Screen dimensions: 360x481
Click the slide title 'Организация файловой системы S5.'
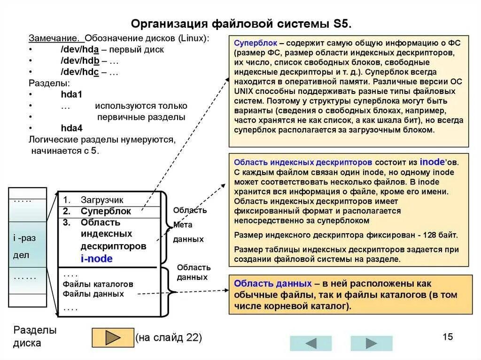pos(240,23)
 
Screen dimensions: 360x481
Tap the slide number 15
pos(447,337)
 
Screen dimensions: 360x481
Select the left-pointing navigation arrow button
pos(310,343)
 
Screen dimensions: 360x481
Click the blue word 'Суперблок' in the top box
pos(256,43)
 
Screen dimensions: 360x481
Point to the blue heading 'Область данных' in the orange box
pos(272,283)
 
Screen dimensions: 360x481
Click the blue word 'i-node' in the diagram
pos(96,258)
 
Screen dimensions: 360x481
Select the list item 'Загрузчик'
pos(102,199)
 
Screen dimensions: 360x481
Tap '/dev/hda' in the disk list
pos(79,50)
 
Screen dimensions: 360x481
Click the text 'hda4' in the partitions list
pos(71,128)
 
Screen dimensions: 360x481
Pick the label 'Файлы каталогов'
pos(98,284)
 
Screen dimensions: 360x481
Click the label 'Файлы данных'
pos(93,294)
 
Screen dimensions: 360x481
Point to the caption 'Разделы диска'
pos(35,337)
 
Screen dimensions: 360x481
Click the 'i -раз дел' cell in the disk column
pos(24,246)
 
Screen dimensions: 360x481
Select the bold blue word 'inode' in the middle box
pos(432,162)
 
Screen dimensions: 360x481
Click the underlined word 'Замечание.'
pos(53,38)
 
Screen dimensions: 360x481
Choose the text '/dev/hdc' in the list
pos(79,72)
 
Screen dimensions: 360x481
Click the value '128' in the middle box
pos(431,235)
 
